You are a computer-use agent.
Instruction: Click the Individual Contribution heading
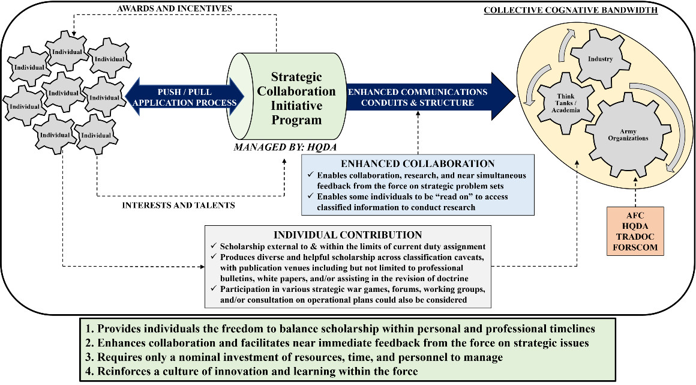[348, 234]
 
